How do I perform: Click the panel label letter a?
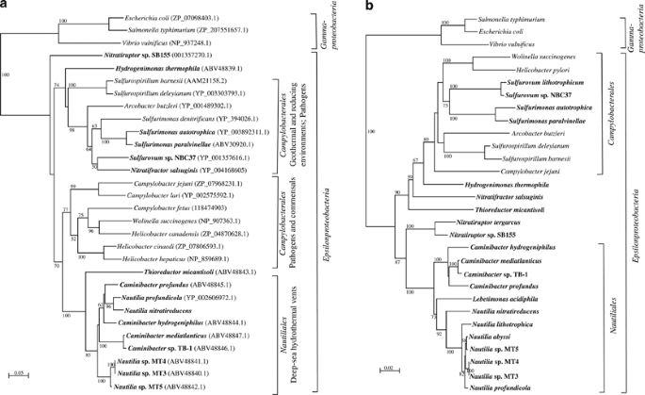pyautogui.click(x=6, y=7)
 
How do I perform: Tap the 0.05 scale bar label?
pyautogui.click(x=17, y=374)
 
